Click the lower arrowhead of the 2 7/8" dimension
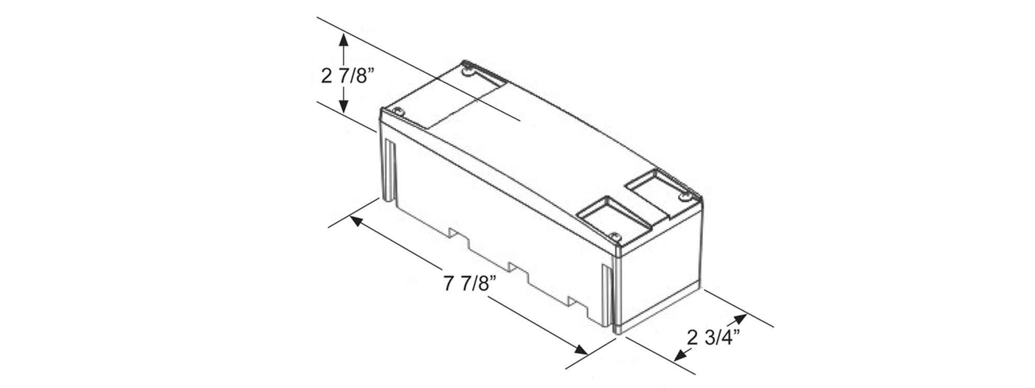tap(343, 106)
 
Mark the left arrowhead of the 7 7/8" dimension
tap(358, 221)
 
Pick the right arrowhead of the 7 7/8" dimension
tap(580, 350)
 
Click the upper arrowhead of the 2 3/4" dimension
tap(740, 318)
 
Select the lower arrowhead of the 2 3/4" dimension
tap(681, 355)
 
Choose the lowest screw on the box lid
tap(615, 236)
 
